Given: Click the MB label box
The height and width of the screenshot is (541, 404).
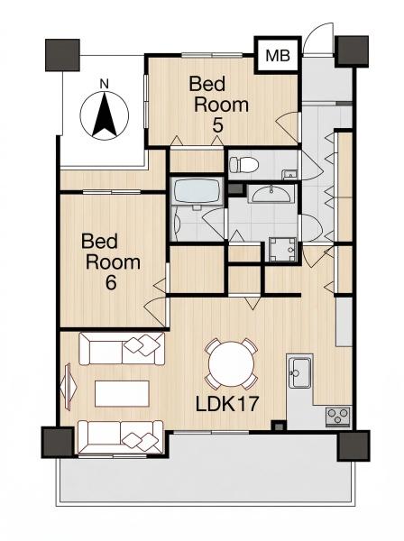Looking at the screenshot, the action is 278,55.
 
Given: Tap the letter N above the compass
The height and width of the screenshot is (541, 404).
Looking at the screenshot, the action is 104,84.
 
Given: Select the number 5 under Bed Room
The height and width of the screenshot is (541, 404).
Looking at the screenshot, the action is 217,125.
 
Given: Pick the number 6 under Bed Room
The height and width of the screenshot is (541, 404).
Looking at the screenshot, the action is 110,283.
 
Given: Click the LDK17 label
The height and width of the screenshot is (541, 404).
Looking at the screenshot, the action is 227,404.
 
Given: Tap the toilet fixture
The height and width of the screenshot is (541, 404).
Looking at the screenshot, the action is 243,164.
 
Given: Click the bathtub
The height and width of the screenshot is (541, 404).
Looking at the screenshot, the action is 197,192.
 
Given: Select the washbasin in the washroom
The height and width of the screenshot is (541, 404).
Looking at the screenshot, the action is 271,194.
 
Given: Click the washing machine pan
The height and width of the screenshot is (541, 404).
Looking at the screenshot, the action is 283,250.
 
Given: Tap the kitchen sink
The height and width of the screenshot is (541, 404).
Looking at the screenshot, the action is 299,373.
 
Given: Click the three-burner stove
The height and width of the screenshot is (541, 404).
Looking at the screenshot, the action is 338,417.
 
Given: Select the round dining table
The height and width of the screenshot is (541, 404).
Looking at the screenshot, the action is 231,364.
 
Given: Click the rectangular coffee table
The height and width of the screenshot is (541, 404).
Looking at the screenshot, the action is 122,393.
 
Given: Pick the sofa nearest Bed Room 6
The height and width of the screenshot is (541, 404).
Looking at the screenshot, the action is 122,348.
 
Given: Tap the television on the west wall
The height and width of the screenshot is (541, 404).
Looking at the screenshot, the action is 68,387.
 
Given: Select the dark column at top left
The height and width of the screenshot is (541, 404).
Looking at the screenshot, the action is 63,55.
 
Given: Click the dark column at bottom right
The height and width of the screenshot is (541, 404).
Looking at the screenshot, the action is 353,445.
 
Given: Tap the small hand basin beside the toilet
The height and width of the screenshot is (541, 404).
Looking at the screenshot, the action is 289,175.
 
